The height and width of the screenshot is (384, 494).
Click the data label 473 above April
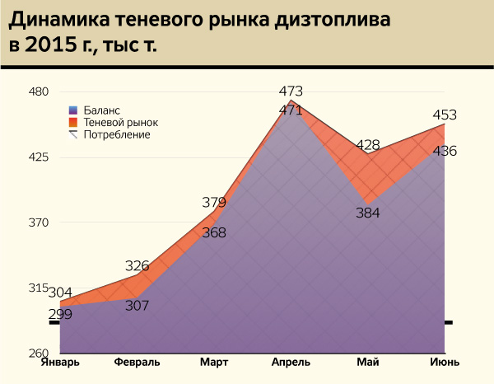click(291, 91)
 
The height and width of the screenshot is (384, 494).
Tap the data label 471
click(291, 110)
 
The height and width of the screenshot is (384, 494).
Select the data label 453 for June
click(445, 115)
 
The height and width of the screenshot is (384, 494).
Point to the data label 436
click(445, 151)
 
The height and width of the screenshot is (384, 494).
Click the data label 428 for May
click(367, 145)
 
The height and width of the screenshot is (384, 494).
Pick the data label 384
click(367, 213)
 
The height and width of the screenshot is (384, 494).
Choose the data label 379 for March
click(214, 202)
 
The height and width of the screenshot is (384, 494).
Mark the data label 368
click(214, 232)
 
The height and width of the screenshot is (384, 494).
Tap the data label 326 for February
click(137, 265)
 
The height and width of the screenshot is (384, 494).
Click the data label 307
click(137, 305)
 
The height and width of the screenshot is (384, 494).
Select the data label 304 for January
click(60, 293)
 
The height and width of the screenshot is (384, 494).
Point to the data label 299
click(60, 313)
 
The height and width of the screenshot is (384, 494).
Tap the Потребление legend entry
click(116, 134)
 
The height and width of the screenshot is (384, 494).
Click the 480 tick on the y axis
click(40, 91)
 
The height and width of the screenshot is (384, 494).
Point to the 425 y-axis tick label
click(40, 157)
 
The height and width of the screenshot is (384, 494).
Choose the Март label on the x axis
click(214, 363)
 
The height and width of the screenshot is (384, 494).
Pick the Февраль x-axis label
click(137, 363)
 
